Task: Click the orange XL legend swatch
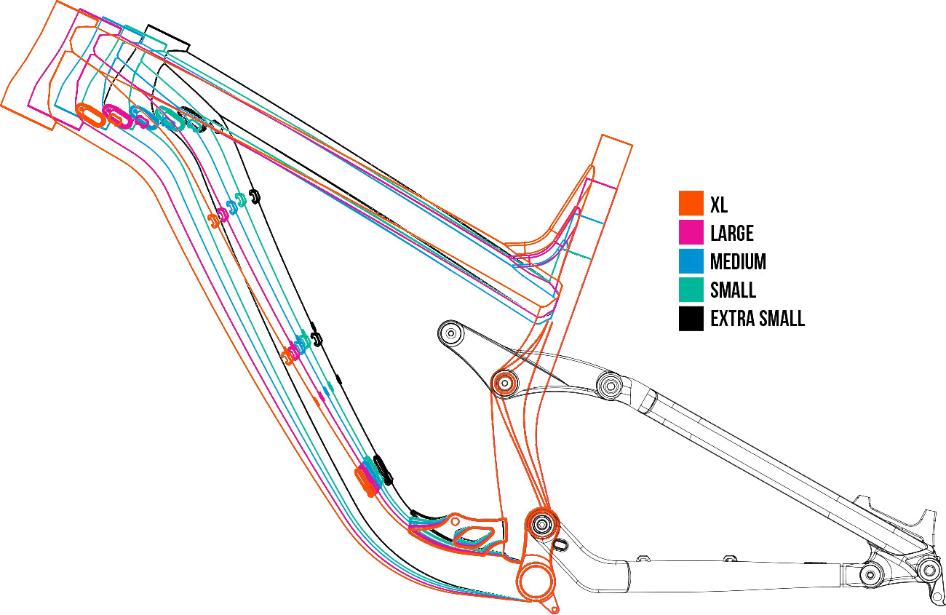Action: click(691, 203)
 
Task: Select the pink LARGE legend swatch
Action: click(691, 232)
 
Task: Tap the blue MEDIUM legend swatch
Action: click(691, 261)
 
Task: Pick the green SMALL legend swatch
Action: click(691, 290)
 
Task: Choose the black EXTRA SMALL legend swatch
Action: click(691, 318)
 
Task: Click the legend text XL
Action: click(719, 204)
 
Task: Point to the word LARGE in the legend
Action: click(731, 233)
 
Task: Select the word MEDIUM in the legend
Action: click(738, 261)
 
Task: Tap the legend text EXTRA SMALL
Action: click(757, 319)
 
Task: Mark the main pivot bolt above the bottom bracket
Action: click(541, 523)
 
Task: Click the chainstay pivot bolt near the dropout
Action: click(869, 575)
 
